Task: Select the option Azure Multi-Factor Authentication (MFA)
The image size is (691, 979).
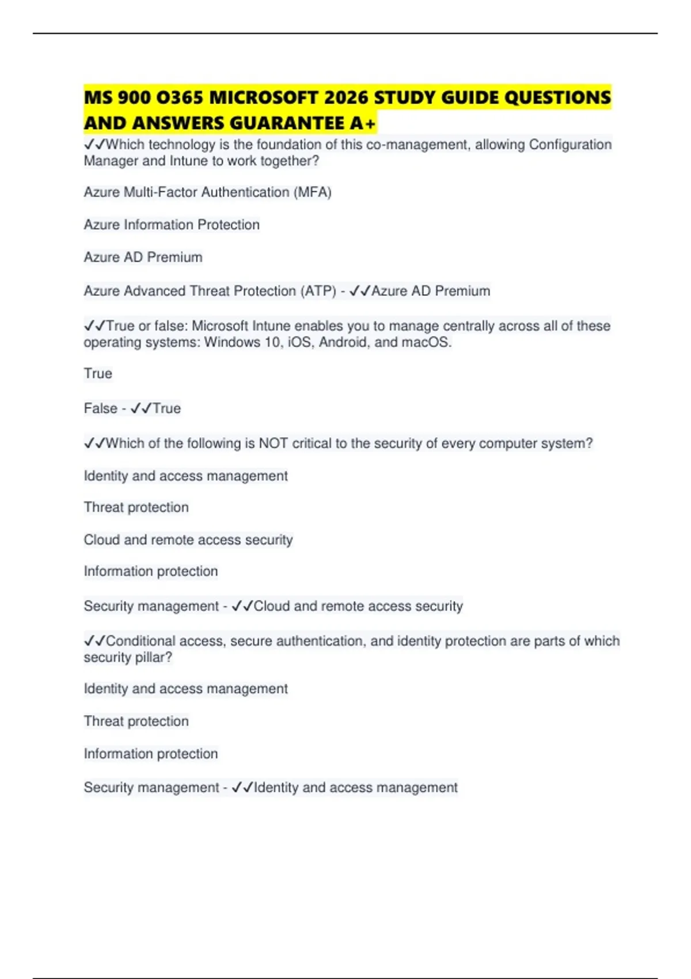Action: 207,192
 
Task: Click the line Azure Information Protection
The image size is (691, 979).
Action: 172,225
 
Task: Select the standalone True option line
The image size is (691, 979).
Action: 98,374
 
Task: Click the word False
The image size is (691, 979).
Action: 100,408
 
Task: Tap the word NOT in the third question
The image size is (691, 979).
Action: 273,443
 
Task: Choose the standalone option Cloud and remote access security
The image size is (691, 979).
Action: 188,540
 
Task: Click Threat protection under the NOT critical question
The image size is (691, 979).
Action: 136,507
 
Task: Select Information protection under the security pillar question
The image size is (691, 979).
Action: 151,754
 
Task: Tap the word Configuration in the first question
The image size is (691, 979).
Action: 570,145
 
